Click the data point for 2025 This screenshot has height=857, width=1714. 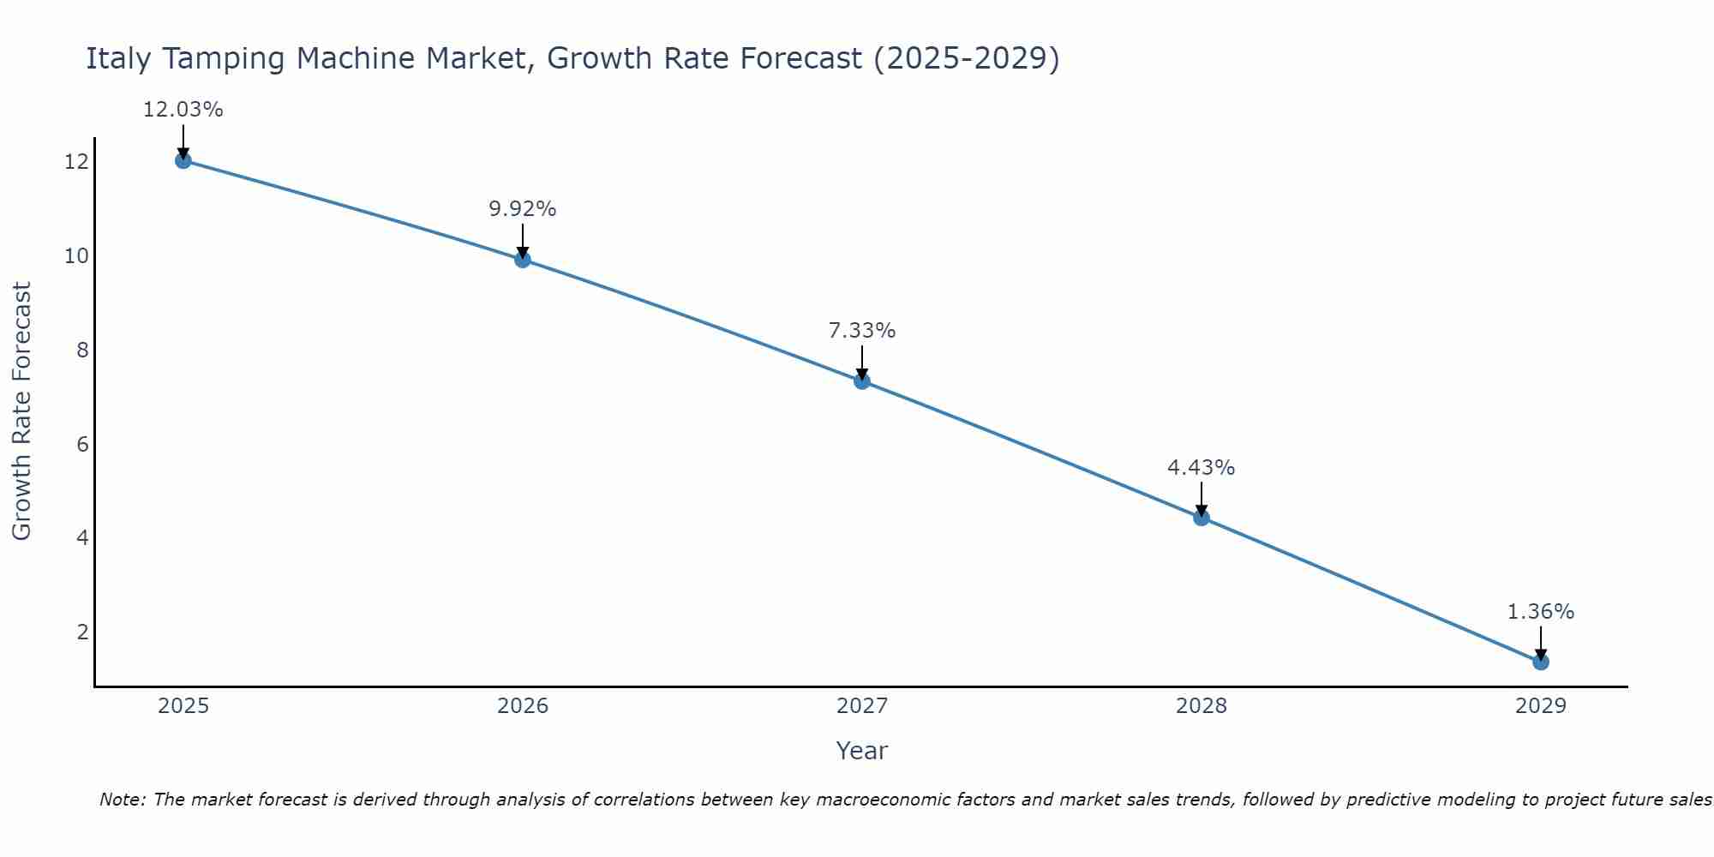[x=183, y=160]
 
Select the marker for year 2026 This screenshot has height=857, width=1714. [x=523, y=260]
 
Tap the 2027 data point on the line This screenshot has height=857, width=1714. [x=862, y=381]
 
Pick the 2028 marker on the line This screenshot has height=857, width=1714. [x=1202, y=518]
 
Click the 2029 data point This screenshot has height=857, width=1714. [x=1540, y=662]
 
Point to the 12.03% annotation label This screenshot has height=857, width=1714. [x=183, y=110]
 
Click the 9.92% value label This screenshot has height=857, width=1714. [x=523, y=209]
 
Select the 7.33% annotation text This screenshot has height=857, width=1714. [x=862, y=331]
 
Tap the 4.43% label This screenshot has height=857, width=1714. [x=1202, y=468]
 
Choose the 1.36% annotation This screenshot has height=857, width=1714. [x=1540, y=612]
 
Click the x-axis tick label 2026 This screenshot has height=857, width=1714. [x=523, y=706]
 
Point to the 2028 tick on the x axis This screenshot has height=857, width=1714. [x=1202, y=706]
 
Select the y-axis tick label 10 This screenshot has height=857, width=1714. [x=76, y=255]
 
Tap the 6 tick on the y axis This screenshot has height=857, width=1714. [x=82, y=444]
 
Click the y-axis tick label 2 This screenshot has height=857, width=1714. [x=82, y=632]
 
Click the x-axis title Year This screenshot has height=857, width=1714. [x=861, y=751]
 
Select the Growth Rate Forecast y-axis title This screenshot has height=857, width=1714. [x=21, y=411]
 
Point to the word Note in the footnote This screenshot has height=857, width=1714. [x=123, y=800]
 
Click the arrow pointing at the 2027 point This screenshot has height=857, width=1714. [x=862, y=362]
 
